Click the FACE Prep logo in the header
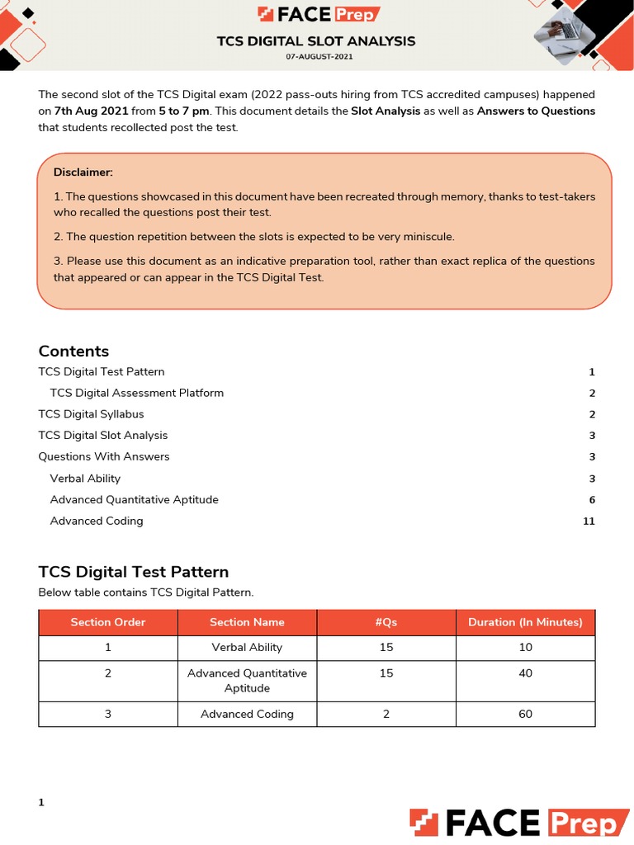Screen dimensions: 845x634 317,15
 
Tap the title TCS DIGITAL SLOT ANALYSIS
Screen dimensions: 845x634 316,40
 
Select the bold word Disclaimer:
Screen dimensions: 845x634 83,172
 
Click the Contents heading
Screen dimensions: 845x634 73,351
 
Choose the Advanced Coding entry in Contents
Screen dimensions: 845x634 97,521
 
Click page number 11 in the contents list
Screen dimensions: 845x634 589,522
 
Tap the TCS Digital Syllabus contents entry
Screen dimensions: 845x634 91,414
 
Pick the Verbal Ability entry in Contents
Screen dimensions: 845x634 85,479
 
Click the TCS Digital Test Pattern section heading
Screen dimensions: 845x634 134,572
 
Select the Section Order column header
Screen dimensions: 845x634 108,622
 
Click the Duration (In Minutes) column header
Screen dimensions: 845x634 525,622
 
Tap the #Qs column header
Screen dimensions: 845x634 386,622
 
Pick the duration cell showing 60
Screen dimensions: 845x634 525,714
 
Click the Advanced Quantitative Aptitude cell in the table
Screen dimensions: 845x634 247,680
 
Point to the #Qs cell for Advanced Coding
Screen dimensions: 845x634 386,714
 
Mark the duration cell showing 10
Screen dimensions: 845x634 525,648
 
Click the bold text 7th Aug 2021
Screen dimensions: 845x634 92,111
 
